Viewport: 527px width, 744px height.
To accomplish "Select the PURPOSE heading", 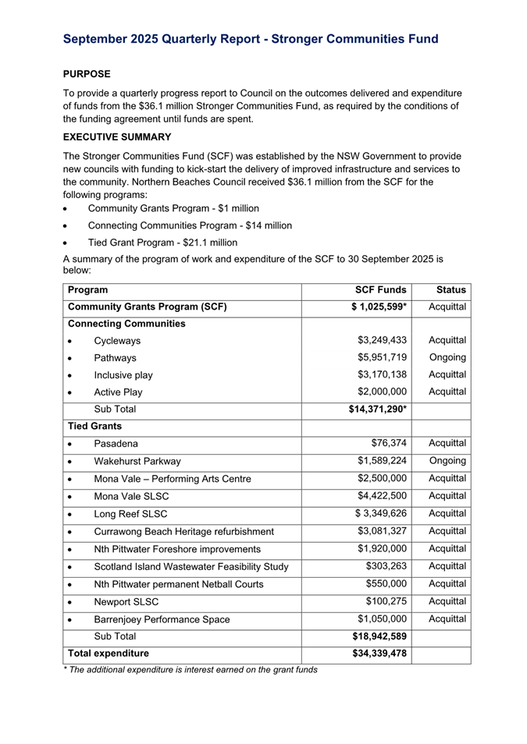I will tap(87, 74).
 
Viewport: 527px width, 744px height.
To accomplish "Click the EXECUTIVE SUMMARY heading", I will tap(116, 136).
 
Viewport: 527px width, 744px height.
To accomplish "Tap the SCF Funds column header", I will tap(381, 289).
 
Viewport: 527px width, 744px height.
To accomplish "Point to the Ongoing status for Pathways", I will tap(447, 358).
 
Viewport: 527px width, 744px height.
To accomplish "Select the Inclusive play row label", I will tap(123, 375).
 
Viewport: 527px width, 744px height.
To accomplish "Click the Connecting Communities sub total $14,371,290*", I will tap(377, 409).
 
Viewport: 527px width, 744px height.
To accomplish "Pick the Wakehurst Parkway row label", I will tap(137, 461).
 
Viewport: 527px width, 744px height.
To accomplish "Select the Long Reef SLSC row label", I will tap(130, 513).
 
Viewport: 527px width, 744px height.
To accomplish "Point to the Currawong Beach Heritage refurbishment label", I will tap(184, 531).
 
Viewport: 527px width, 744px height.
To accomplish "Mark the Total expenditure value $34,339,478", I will tap(377, 654).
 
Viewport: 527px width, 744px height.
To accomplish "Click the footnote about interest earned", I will tap(190, 669).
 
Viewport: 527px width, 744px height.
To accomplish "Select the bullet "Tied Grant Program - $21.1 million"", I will tap(162, 243).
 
